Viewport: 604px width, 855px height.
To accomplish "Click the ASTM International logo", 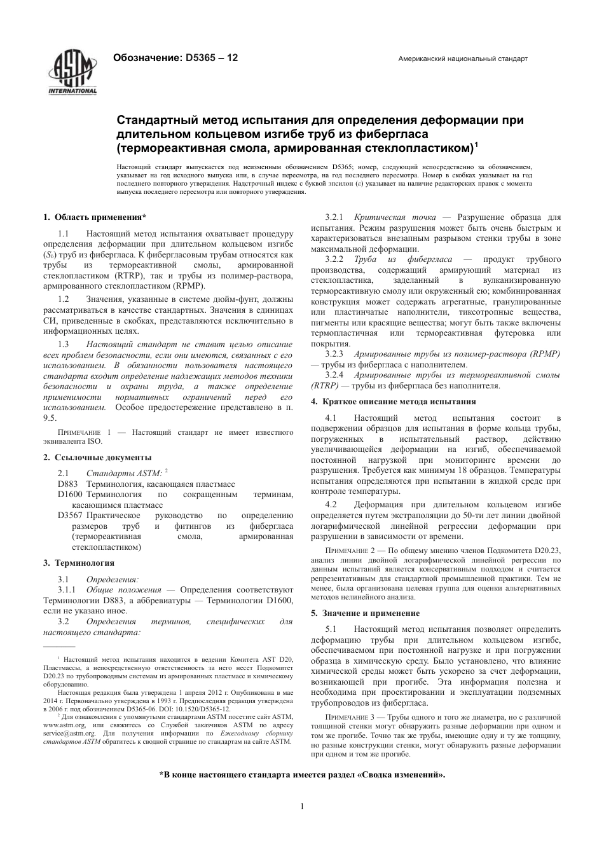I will tap(72, 72).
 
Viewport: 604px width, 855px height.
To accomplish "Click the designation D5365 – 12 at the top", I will tap(175, 58).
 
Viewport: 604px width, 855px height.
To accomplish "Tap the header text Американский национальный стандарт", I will tap(462, 58).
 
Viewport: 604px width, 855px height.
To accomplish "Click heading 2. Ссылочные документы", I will tap(97, 457).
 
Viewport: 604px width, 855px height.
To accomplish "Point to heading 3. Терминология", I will tap(79, 563).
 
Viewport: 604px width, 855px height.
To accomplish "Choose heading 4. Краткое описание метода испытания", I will tap(393, 402).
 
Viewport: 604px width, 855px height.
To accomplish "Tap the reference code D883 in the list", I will tap(67, 484).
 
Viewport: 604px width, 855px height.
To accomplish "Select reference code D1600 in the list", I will tap(70, 494).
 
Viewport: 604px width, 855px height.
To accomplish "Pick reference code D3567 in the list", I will tap(70, 515).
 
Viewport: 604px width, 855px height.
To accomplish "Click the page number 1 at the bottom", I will tap(302, 807).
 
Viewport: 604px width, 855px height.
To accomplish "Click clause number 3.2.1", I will tap(334, 217).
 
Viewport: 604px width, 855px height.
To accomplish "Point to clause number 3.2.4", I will tap(334, 375).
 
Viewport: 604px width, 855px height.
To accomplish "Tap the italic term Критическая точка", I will tap(395, 217).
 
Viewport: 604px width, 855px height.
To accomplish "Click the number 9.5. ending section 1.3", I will tap(50, 418).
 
